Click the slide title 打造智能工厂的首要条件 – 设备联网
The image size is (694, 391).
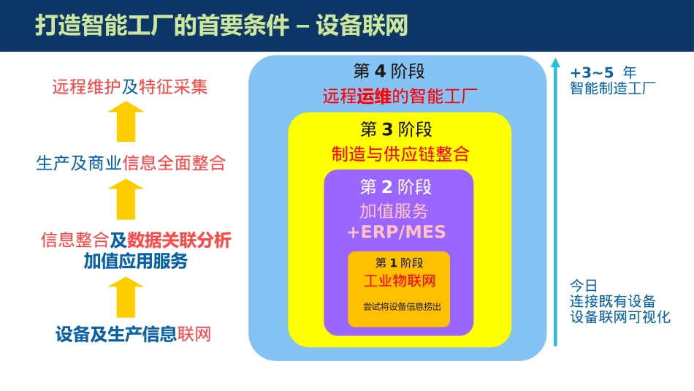(x=221, y=26)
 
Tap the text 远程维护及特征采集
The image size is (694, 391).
(x=130, y=87)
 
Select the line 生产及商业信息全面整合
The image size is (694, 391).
(x=131, y=163)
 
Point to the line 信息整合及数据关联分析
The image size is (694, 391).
(x=136, y=240)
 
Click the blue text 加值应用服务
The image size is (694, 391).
(x=135, y=261)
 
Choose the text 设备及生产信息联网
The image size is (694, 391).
(x=133, y=335)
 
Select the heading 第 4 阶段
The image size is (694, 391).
(x=389, y=72)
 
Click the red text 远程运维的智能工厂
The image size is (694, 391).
(x=400, y=96)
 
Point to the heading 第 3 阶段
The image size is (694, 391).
(x=397, y=130)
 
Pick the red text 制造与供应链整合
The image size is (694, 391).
(x=400, y=154)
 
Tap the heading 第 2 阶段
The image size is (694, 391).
(x=396, y=187)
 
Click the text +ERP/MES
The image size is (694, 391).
(x=396, y=232)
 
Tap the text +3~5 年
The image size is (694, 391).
(x=603, y=72)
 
